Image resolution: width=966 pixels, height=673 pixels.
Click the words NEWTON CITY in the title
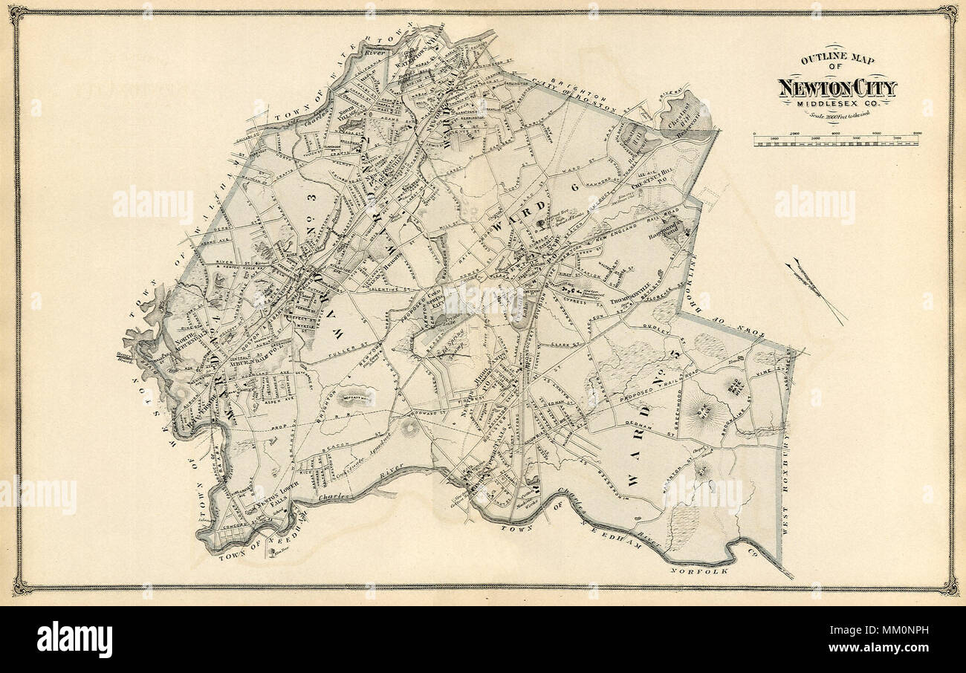(x=837, y=88)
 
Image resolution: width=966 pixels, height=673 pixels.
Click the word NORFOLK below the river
(x=698, y=570)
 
